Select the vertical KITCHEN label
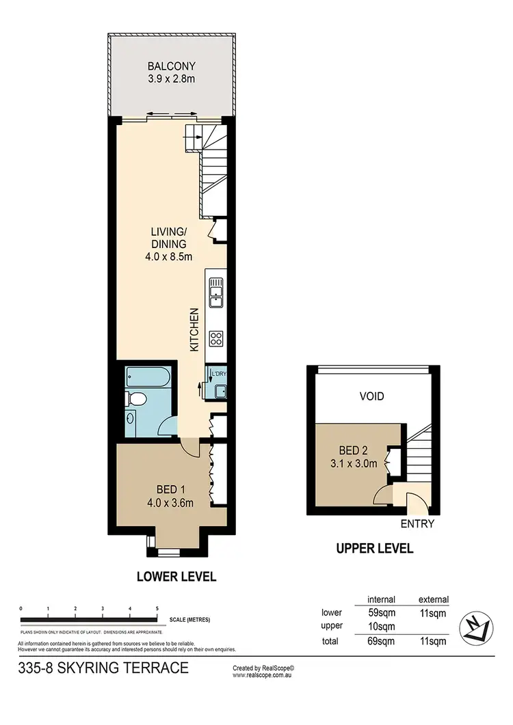[194, 329]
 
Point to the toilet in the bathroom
[137, 399]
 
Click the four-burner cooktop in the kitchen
[217, 338]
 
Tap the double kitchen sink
[215, 291]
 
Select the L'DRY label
[219, 374]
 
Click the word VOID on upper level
[371, 396]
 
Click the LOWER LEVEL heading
[176, 577]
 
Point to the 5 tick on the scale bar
[157, 607]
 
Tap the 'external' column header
[433, 599]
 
